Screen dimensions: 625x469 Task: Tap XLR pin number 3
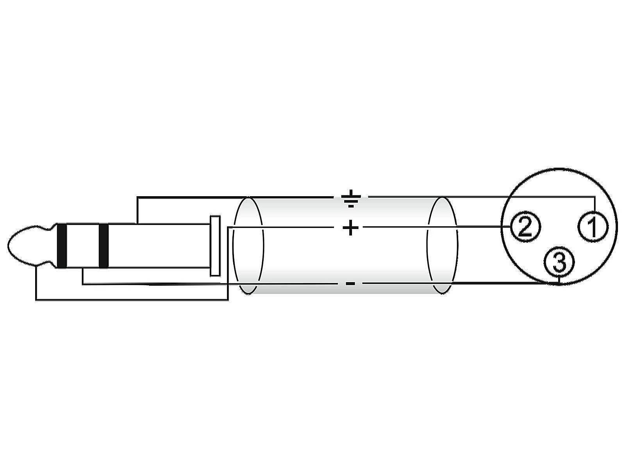[559, 262]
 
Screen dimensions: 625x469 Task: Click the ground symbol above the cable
[351, 198]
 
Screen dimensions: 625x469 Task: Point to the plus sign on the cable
[350, 227]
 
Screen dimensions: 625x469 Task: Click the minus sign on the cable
[350, 283]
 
